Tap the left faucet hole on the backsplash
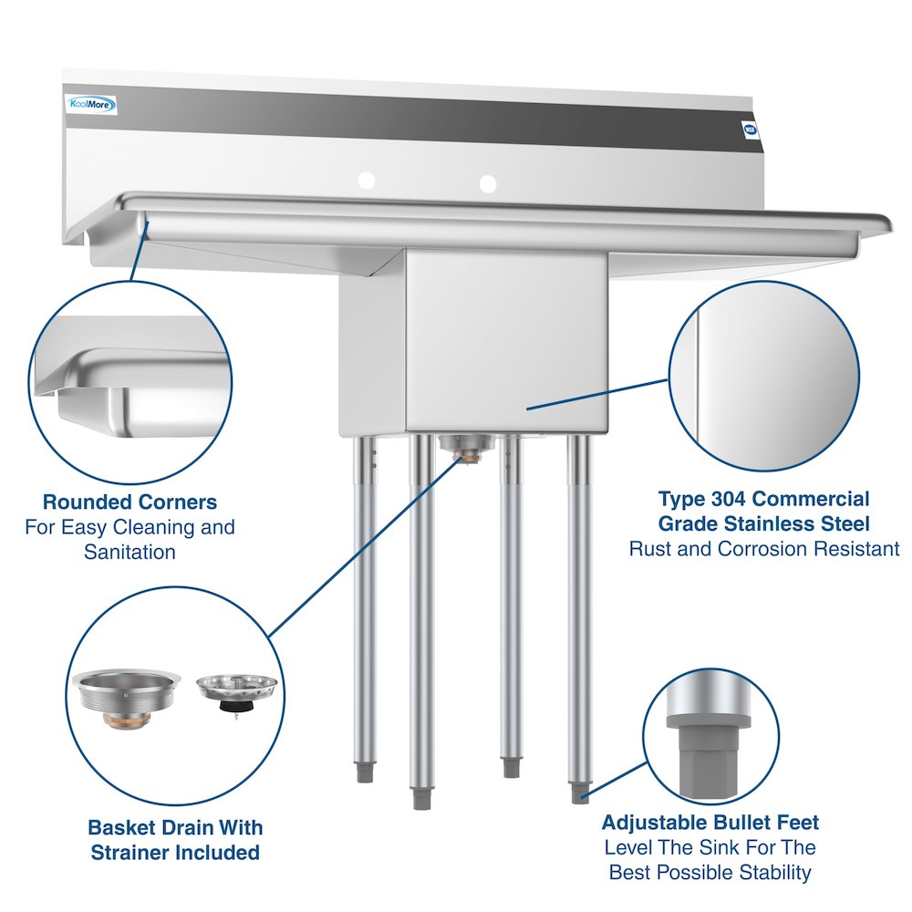click(366, 181)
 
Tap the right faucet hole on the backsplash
click(488, 183)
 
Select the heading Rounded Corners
click(130, 502)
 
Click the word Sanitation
click(130, 552)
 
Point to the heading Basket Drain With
click(175, 827)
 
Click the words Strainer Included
click(175, 853)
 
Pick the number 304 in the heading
click(731, 499)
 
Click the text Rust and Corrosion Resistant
click(764, 548)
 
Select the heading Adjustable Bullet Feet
click(710, 822)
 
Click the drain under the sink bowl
click(465, 446)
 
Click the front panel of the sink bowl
click(506, 342)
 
